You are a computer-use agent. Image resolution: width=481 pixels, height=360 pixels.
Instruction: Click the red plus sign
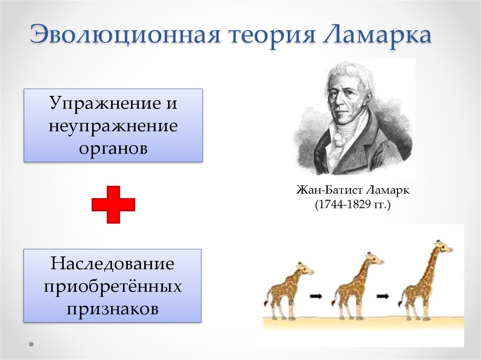pyautogui.click(x=113, y=205)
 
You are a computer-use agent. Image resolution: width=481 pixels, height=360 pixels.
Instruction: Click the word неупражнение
pyautogui.click(x=113, y=126)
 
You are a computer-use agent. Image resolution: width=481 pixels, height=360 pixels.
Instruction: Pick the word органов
pyautogui.click(x=113, y=149)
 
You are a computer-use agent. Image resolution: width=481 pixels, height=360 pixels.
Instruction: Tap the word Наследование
pyautogui.click(x=112, y=263)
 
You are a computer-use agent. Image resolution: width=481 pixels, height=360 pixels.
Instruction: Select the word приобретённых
pyautogui.click(x=113, y=286)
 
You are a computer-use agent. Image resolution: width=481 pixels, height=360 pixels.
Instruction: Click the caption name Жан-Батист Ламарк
pyautogui.click(x=353, y=190)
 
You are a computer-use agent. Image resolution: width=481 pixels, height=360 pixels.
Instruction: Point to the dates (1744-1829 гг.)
pyautogui.click(x=353, y=205)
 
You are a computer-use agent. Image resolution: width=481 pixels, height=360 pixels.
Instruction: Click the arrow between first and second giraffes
pyautogui.click(x=316, y=296)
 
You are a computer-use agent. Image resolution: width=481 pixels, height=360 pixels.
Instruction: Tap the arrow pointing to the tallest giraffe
pyautogui.click(x=383, y=296)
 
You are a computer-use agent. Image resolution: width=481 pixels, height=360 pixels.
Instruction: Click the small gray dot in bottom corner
pyautogui.click(x=31, y=345)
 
